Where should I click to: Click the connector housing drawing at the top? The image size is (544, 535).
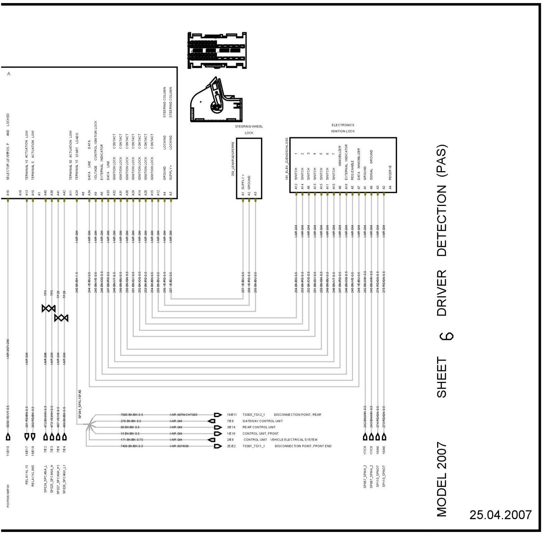coord(217,50)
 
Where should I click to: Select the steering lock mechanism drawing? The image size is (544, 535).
coord(216,101)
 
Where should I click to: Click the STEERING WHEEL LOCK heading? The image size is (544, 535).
coord(249,130)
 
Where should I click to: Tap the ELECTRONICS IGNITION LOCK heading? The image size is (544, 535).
coord(343,128)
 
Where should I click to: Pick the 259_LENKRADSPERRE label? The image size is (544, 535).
coord(233,159)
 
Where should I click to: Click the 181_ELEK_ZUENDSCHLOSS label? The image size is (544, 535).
coord(287,159)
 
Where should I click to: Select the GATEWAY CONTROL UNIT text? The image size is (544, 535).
coord(262,421)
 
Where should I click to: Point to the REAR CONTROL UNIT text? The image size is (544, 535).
coord(259,427)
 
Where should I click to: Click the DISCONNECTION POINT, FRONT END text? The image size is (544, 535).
coord(303,446)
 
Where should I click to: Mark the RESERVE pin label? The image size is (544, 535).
coord(390,172)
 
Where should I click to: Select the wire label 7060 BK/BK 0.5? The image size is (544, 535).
coord(132,415)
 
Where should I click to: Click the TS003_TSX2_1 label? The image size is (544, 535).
coord(253,415)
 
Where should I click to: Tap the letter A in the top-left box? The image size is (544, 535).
coord(9,74)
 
